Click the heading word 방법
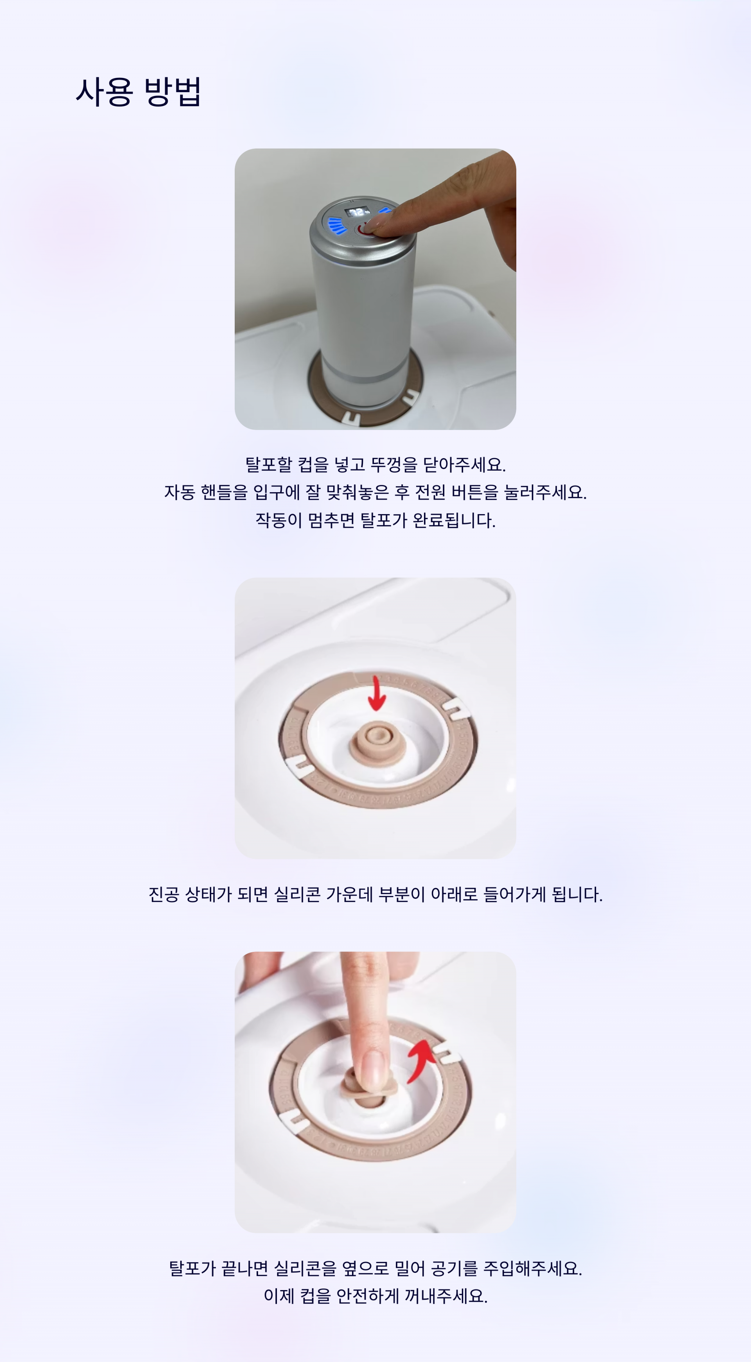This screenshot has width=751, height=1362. pos(172,91)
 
